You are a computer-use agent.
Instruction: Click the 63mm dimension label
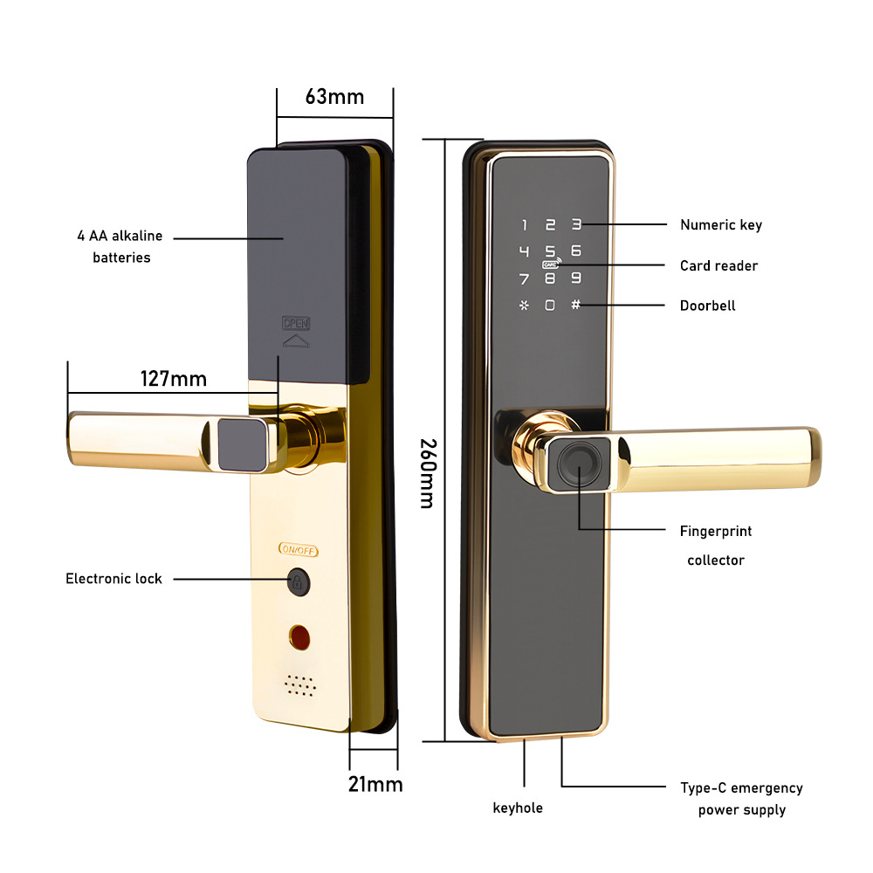point(334,96)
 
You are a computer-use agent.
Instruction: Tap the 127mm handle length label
point(174,379)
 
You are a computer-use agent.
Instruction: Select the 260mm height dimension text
point(426,473)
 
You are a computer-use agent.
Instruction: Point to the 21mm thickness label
point(375,784)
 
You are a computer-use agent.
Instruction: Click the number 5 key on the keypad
point(550,252)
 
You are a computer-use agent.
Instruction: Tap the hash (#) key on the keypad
point(575,305)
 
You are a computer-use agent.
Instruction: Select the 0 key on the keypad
point(550,306)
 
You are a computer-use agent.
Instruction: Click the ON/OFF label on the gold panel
point(299,550)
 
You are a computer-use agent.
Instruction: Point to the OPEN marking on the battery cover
point(296,323)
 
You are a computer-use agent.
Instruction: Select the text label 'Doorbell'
point(707,306)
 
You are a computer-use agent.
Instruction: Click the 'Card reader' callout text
point(718,265)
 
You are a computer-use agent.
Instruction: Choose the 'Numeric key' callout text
point(721,225)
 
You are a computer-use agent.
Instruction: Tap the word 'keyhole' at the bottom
point(518,808)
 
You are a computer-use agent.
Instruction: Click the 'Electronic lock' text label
point(113,579)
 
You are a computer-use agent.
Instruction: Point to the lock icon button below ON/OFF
point(298,581)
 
